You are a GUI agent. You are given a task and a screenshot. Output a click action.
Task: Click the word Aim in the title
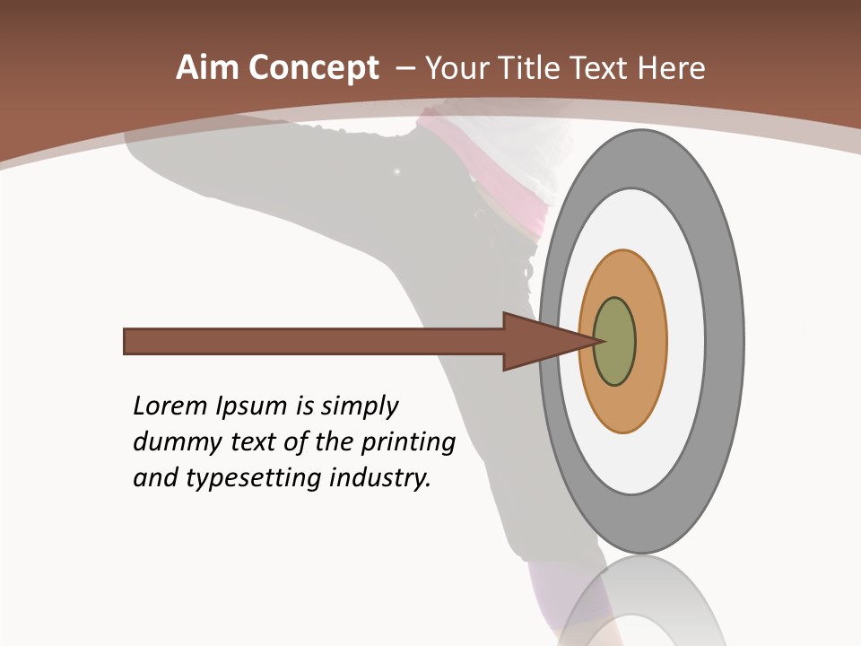point(207,68)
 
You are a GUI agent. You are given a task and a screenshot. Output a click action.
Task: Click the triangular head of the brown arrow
point(538,342)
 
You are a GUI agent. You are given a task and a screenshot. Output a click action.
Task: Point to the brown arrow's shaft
point(314,342)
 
